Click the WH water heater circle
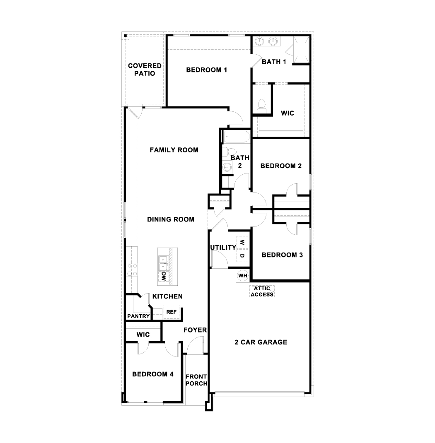tap(242, 275)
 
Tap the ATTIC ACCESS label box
tap(261, 291)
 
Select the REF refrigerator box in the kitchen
tap(171, 312)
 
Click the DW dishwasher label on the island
tap(163, 277)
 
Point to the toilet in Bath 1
tap(261, 105)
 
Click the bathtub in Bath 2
tap(235, 136)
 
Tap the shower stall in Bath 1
tap(301, 49)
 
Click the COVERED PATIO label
tap(145, 70)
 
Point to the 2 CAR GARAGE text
tap(261, 342)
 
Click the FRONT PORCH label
tap(196, 380)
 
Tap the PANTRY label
tap(138, 316)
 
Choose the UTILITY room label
tap(223, 248)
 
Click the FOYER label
tap(195, 330)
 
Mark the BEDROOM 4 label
tap(153, 374)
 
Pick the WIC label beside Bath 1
tap(288, 113)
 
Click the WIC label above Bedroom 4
tap(143, 335)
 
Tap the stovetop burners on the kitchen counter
tap(132, 270)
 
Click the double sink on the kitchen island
tap(163, 260)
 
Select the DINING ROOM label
tap(171, 219)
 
